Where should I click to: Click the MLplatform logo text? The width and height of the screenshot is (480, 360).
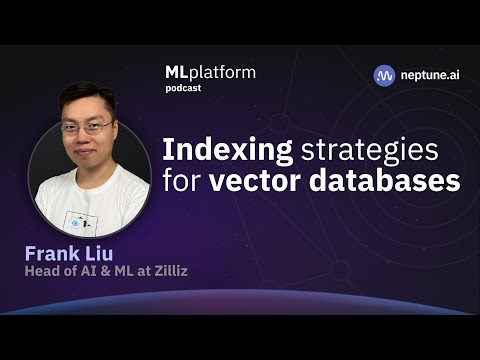coord(209,72)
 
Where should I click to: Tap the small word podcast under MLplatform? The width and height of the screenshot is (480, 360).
coord(184,88)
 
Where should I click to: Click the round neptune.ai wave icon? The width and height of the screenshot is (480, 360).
coord(384,75)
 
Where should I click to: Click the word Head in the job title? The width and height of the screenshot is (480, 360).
coord(42,270)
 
